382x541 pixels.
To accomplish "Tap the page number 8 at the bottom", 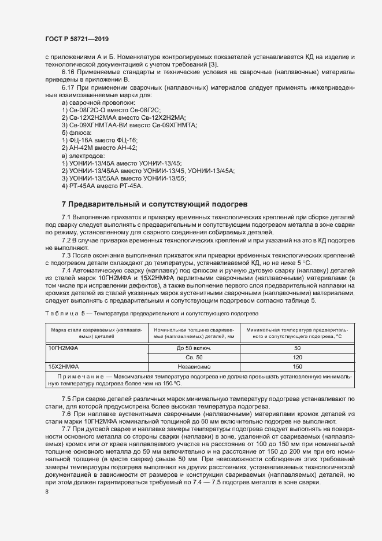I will click(47, 492).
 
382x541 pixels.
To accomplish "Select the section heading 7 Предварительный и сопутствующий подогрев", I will click(154, 204).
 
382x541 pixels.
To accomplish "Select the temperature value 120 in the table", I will click(298, 357).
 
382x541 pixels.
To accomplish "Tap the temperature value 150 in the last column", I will click(298, 366).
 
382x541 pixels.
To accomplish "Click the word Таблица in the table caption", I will click(61, 313).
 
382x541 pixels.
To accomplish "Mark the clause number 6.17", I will click(69, 87).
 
